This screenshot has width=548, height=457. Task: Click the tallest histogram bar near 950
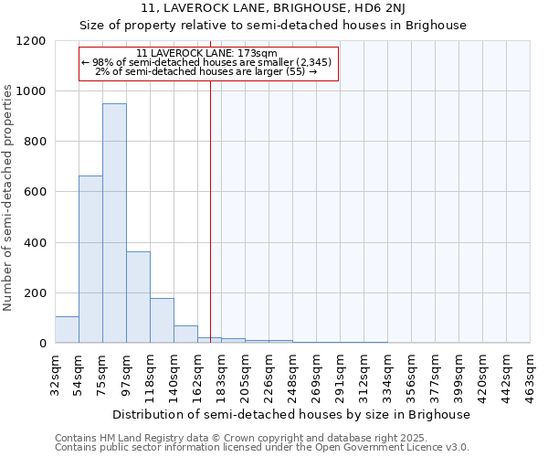(114, 223)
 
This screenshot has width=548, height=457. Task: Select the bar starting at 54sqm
(90, 260)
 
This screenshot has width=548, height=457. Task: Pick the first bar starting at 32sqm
(67, 330)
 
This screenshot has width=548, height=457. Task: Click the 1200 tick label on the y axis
(31, 41)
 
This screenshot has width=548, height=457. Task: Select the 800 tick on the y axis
(35, 142)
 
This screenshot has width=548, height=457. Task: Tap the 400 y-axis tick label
(35, 242)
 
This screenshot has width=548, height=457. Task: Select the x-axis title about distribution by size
(292, 414)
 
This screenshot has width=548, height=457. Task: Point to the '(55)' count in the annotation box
(294, 71)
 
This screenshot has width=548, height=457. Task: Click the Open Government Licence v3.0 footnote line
(262, 448)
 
